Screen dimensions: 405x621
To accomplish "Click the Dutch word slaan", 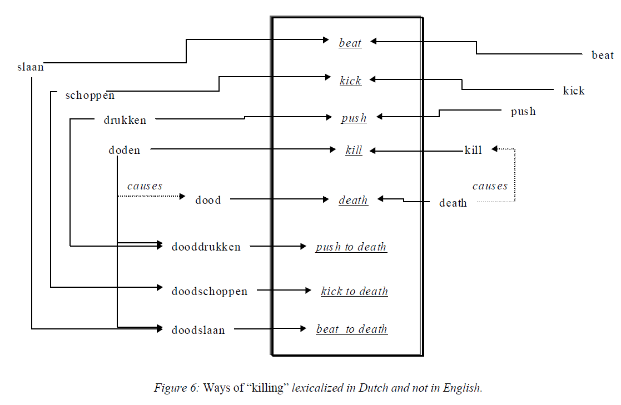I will (x=31, y=67).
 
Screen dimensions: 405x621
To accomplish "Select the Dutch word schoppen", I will (x=90, y=95).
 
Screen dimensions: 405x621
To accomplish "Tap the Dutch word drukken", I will (x=125, y=120).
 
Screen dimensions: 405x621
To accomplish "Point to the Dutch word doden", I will (x=125, y=150).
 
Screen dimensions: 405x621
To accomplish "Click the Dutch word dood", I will (x=208, y=201).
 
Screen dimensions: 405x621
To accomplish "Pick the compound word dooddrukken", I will (x=206, y=247).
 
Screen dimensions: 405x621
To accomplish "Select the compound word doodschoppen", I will (x=209, y=291).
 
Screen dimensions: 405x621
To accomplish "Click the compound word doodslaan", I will (x=198, y=330).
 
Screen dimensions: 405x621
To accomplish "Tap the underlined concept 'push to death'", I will (x=351, y=247).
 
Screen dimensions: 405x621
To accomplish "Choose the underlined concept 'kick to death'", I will (x=354, y=291).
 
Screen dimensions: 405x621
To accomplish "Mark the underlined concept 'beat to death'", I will (x=351, y=329).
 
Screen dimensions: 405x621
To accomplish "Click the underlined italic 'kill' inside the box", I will (x=354, y=150).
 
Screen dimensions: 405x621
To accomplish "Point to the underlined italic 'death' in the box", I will (x=353, y=200).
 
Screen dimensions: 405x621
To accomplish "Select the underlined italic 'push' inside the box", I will (x=354, y=118).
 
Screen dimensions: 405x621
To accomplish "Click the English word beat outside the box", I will (x=602, y=55).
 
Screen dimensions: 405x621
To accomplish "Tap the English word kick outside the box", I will (x=573, y=91).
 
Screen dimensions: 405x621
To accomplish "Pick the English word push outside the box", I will (x=523, y=112).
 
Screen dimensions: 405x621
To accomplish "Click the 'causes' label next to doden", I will (x=145, y=186).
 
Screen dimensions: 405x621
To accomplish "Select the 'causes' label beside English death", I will (x=490, y=186).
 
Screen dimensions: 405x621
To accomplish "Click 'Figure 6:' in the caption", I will (x=176, y=388).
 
